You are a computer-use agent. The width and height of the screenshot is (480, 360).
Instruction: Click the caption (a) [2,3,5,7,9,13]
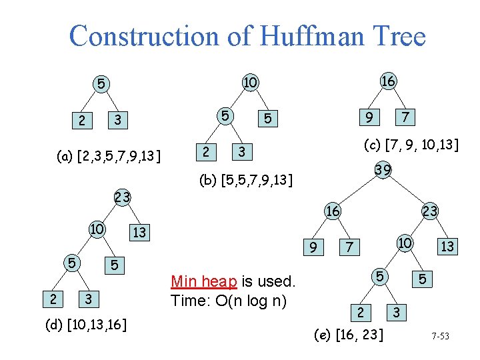[x=109, y=157]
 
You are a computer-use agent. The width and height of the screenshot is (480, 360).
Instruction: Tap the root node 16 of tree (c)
[x=388, y=81]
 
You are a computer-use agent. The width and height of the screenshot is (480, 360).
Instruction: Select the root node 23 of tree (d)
[x=122, y=197]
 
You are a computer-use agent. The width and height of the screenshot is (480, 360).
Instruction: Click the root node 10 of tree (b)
[x=250, y=82]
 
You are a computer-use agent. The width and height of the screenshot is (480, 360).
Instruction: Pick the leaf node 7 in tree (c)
[x=404, y=117]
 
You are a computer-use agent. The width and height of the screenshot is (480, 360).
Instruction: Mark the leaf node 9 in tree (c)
[x=366, y=117]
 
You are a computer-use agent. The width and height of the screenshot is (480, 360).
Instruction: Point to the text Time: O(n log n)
[x=229, y=300]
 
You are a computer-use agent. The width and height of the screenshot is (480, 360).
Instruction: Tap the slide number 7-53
[x=439, y=336]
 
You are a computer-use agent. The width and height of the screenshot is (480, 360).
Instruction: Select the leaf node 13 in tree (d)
[x=139, y=233]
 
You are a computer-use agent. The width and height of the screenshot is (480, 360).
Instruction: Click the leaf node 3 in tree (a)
[x=117, y=120]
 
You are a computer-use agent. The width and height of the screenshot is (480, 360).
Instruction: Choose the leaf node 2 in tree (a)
[x=81, y=121]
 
